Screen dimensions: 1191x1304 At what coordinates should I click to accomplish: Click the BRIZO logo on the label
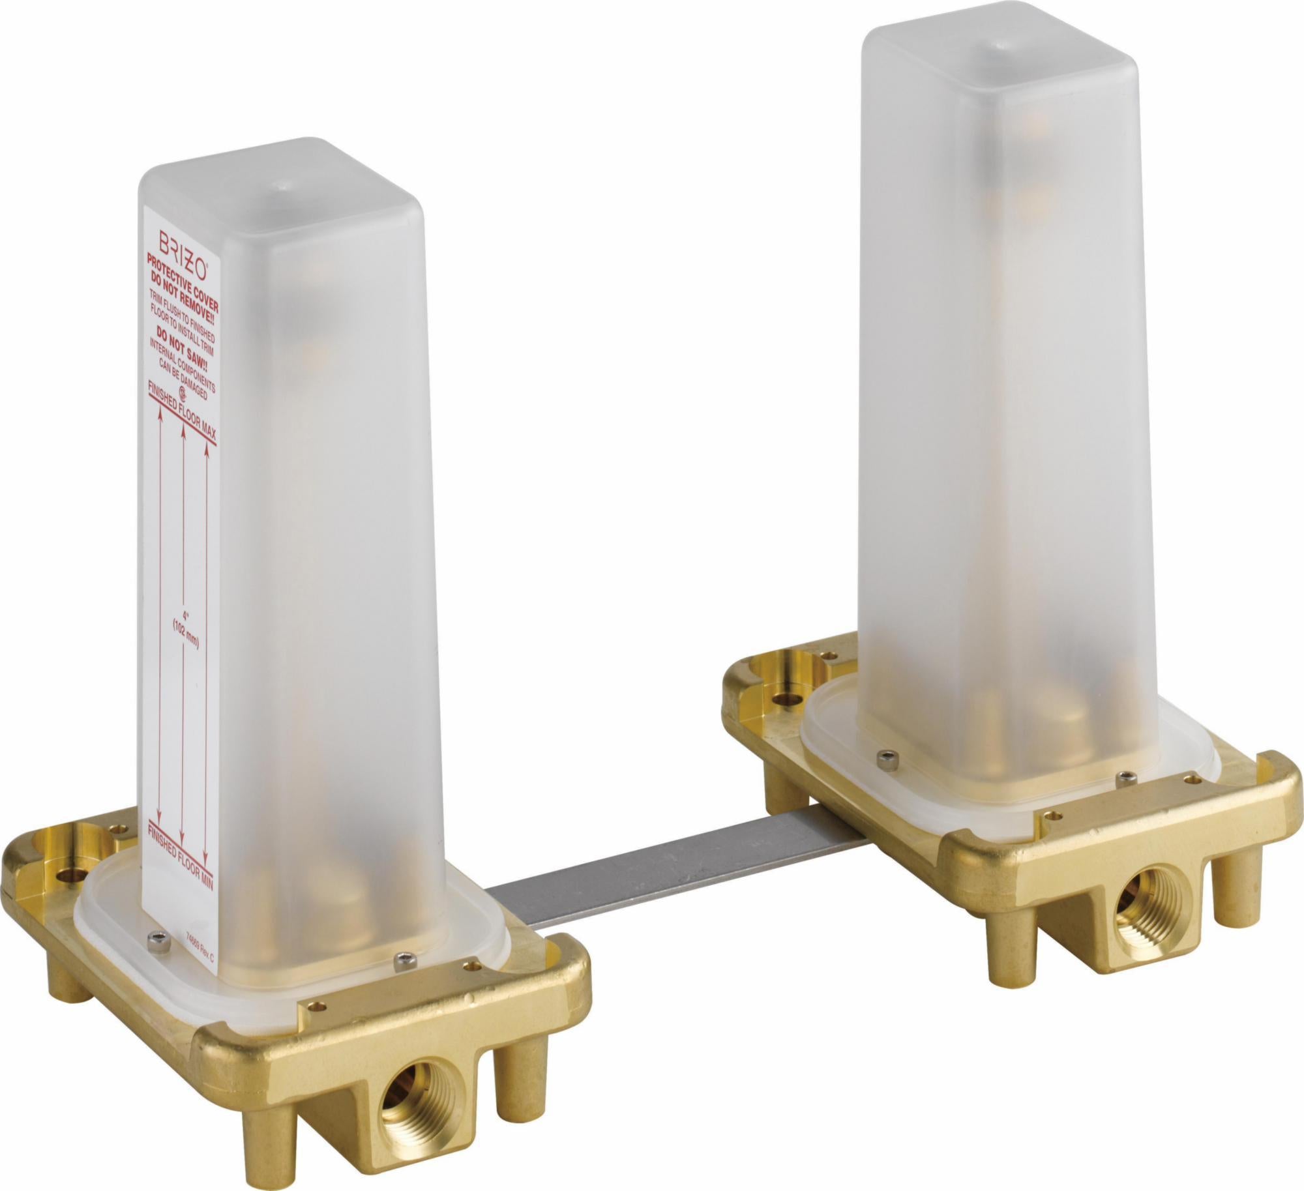[182, 255]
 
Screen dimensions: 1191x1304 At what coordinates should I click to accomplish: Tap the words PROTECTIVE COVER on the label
[182, 282]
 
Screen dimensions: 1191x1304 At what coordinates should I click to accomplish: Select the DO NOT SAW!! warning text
[182, 349]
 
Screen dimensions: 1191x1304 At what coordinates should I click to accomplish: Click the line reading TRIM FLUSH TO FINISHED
[182, 317]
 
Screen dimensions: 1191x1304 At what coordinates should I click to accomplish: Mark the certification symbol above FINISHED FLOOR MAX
[183, 394]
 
